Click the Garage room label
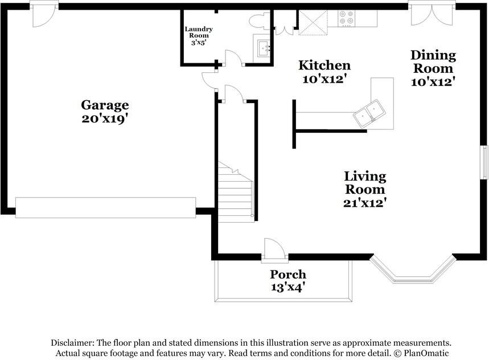point(105,105)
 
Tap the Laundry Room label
point(199,32)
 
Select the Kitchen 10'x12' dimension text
point(324,79)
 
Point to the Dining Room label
point(433,62)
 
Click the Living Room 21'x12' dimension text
point(365,203)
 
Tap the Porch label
point(288,274)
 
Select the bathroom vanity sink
point(263,48)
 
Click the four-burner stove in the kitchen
point(347,18)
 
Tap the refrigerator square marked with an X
point(313,22)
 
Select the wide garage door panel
point(106,207)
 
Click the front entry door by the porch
point(274,249)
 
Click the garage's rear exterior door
point(44,14)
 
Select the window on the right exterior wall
point(484,162)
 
